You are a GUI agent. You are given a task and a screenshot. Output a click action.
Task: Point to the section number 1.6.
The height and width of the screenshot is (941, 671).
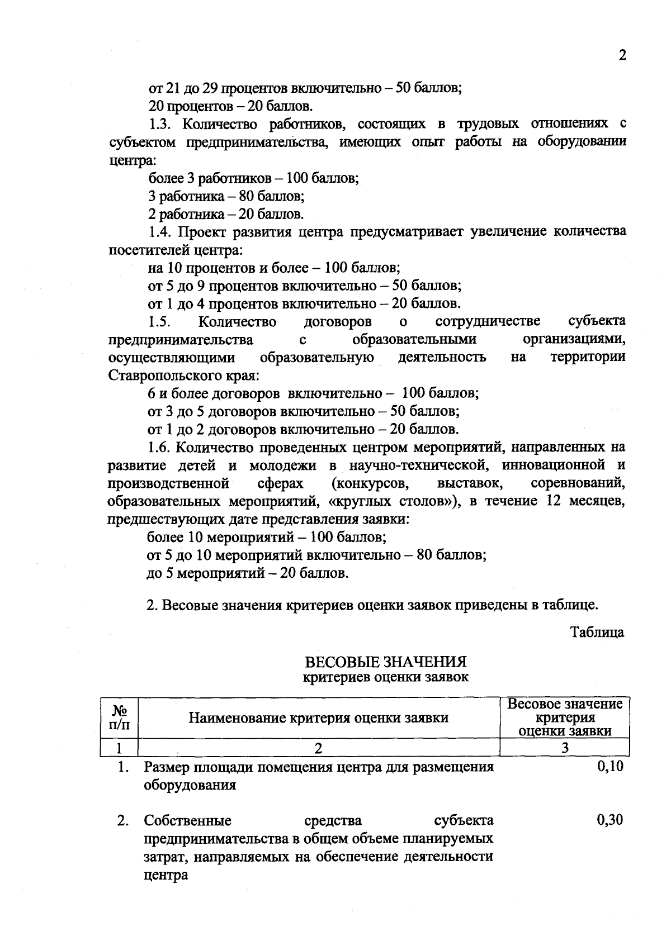[160, 448]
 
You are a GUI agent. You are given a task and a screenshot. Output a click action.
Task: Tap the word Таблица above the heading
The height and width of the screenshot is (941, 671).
[597, 633]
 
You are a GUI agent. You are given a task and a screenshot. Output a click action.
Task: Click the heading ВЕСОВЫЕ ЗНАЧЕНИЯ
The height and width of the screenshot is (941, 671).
[385, 662]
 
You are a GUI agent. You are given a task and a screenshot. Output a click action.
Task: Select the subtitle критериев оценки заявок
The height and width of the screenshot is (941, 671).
[385, 677]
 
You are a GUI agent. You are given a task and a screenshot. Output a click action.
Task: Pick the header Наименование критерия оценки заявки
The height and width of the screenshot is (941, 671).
[318, 717]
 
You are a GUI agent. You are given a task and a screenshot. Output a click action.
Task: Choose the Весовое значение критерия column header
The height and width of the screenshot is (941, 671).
[565, 717]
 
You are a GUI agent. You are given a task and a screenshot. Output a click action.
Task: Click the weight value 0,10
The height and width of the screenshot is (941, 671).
[610, 767]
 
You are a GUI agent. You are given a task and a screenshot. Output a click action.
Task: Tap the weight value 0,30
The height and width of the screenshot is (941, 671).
[610, 820]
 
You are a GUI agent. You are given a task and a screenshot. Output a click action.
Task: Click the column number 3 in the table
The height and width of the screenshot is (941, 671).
[565, 748]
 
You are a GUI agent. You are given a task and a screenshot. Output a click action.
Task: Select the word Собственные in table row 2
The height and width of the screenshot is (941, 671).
[187, 821]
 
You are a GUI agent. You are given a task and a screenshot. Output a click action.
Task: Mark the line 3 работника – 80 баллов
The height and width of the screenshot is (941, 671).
[226, 196]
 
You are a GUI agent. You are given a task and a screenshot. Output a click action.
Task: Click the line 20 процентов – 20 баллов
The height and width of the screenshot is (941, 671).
[230, 106]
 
